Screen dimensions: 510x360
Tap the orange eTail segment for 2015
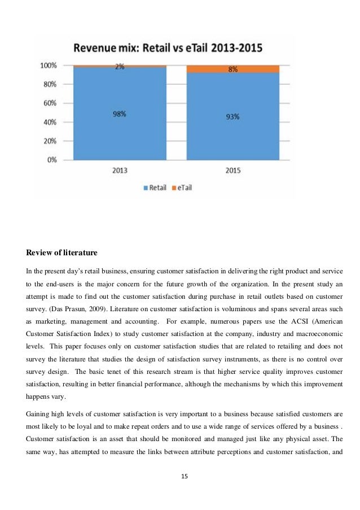[x=232, y=69]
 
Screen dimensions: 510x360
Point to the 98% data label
[x=119, y=114]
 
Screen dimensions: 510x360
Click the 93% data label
[x=232, y=116]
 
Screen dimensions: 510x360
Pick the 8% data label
[x=232, y=69]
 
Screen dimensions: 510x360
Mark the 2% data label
[x=119, y=66]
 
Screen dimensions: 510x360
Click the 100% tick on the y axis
[x=48, y=66]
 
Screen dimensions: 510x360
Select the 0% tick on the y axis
[x=51, y=160]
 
